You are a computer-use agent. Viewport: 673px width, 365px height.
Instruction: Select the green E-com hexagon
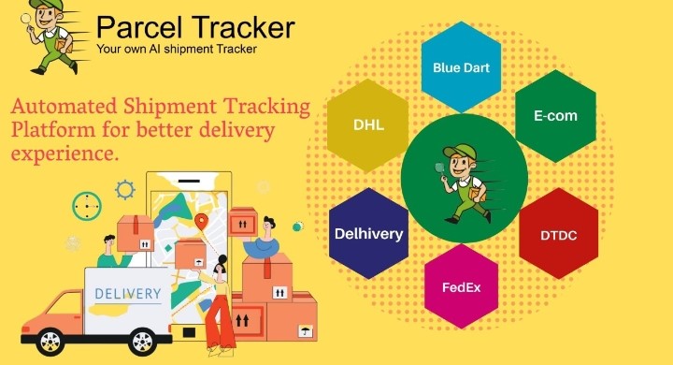[555, 116]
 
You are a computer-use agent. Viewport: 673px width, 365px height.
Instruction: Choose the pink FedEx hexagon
[461, 285]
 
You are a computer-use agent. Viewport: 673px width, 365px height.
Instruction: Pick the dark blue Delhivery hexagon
[369, 233]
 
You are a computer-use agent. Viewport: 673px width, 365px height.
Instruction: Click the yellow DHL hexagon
[368, 124]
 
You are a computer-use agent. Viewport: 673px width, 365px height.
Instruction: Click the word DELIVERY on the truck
[128, 294]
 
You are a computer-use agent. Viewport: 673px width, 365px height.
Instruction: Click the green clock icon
[86, 205]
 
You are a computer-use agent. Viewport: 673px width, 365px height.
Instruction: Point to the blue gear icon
[124, 190]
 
